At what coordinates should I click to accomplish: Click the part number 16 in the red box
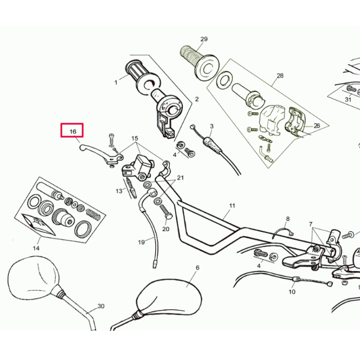[73, 131]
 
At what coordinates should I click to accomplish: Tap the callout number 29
[204, 39]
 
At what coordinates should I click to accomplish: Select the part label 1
[116, 82]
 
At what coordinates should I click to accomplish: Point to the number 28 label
[280, 75]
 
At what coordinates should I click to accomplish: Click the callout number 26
[316, 126]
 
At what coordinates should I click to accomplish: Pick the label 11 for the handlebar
[231, 206]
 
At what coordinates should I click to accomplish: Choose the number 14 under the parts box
[36, 248]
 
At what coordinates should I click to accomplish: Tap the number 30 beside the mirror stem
[101, 307]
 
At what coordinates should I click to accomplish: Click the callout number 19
[141, 242]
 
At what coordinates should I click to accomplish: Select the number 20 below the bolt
[165, 229]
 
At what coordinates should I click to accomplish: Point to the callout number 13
[119, 191]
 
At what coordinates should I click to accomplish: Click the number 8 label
[287, 218]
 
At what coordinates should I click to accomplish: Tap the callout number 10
[292, 292]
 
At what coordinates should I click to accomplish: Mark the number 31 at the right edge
[348, 100]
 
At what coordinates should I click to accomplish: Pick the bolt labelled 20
[166, 214]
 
